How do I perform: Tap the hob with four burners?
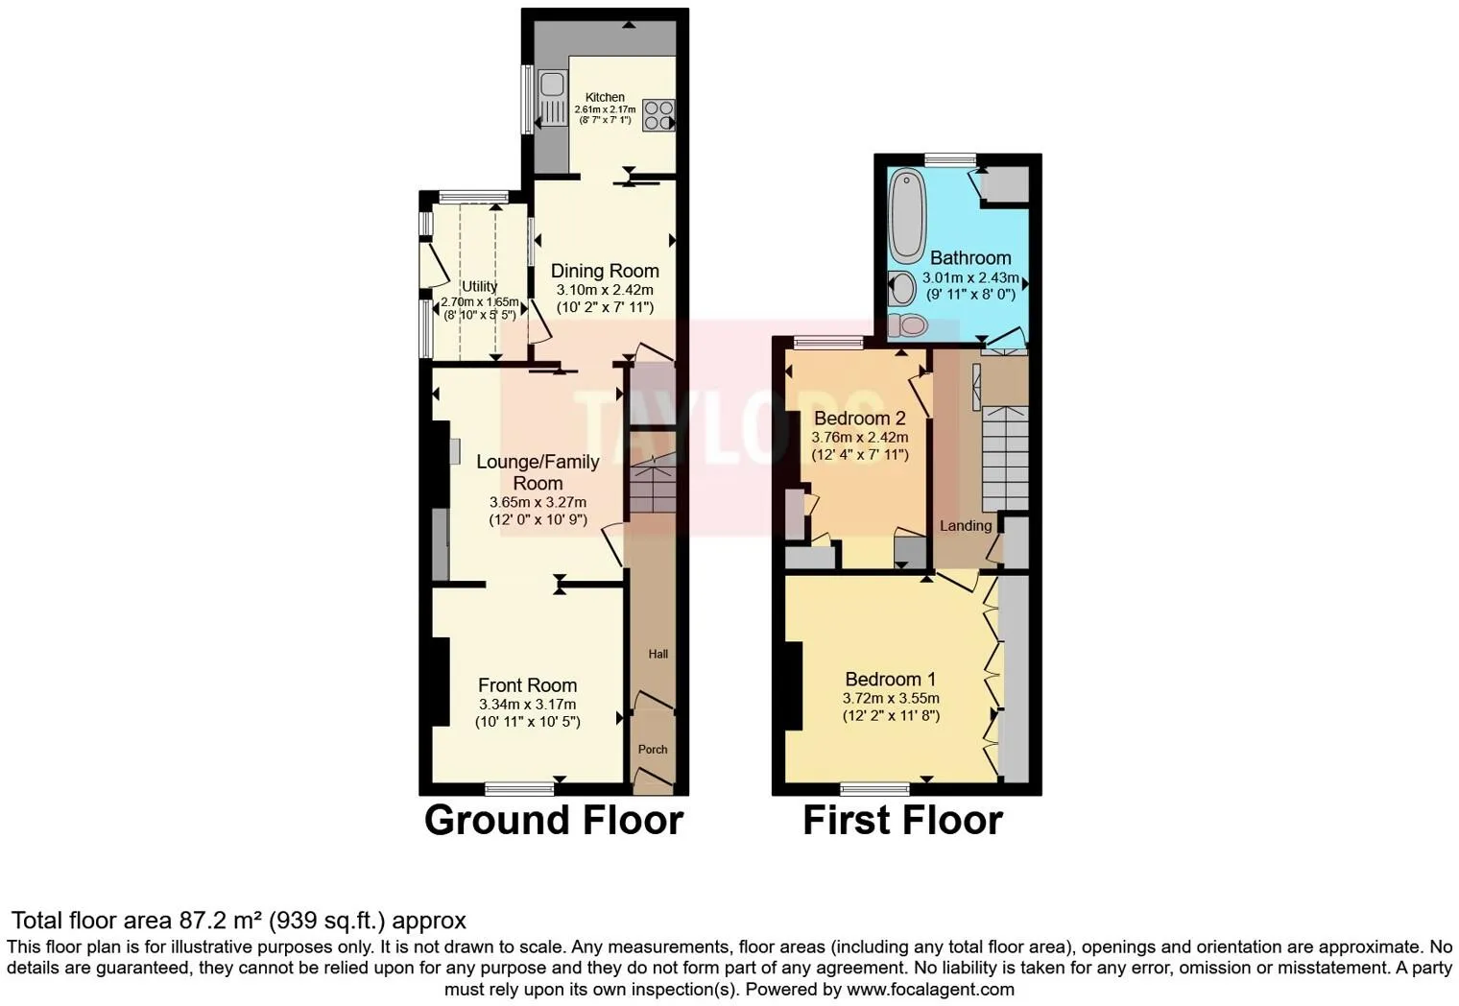coord(658,115)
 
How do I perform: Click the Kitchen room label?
coord(605,97)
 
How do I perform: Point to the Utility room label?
coord(479,286)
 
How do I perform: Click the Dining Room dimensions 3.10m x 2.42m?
coord(605,290)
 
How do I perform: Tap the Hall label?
coord(658,654)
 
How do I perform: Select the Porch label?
coord(653,749)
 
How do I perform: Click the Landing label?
coord(965,525)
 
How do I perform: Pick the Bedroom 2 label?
coord(859,418)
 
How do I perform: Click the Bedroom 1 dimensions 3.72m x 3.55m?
coord(891,698)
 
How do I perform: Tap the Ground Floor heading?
coord(554,821)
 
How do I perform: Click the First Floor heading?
coord(902,821)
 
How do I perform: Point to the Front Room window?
coord(519,789)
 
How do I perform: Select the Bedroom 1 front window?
coord(874,789)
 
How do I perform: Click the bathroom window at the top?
coord(950,159)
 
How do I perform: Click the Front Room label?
coord(527,684)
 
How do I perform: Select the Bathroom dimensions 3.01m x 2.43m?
coord(970,277)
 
